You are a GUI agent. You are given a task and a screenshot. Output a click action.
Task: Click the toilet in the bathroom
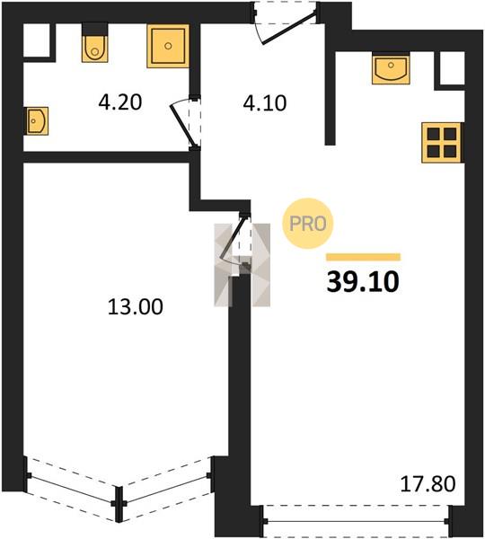[x=94, y=42]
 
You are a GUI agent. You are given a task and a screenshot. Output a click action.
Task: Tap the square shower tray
[x=168, y=46]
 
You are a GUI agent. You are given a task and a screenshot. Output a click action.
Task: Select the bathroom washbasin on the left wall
[x=36, y=120]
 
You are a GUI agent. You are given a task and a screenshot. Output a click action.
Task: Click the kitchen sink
[x=391, y=68]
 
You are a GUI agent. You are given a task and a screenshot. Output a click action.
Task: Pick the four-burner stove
[x=442, y=142]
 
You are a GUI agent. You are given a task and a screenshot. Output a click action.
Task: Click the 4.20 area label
[x=120, y=102]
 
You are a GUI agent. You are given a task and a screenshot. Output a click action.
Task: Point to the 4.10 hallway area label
[x=265, y=102]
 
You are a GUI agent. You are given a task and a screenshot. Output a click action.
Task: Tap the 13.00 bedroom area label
[x=136, y=306]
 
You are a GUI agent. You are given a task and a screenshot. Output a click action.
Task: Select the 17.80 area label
[x=428, y=483]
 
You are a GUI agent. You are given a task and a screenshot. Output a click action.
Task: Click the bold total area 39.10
[x=363, y=282]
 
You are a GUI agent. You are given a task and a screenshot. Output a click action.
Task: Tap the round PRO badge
[x=308, y=224]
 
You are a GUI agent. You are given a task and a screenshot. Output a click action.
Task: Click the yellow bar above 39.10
[x=364, y=257]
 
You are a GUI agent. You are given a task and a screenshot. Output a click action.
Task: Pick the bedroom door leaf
[x=234, y=236]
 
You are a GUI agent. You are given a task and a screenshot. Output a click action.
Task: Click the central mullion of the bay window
[x=119, y=504]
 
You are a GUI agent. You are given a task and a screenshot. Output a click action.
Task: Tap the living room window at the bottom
[x=356, y=521]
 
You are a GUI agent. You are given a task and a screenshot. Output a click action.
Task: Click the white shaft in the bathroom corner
[x=37, y=40]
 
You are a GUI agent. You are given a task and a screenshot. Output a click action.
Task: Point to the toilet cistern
[x=95, y=29]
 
